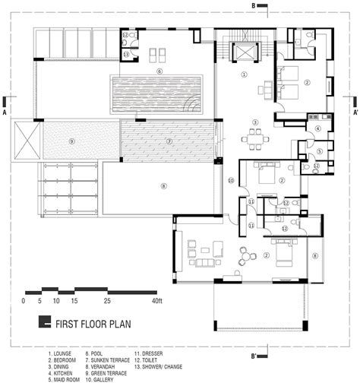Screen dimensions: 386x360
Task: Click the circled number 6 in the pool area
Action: tap(159, 71)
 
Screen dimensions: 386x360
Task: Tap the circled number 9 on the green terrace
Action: tap(71, 141)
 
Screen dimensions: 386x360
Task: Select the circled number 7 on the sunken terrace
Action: tap(169, 141)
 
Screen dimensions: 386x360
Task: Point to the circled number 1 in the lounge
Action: tap(244, 74)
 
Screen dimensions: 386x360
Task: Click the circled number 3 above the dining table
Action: tap(256, 122)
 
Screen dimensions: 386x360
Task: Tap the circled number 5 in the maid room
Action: tap(320, 151)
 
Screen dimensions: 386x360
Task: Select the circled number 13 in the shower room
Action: tap(126, 54)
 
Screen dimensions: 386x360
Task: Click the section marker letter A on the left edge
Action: tap(5, 111)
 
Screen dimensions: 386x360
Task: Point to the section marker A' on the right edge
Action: tap(355, 111)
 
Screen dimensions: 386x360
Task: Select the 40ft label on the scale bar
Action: tap(156, 302)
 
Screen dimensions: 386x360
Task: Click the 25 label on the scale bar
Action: tap(108, 302)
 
